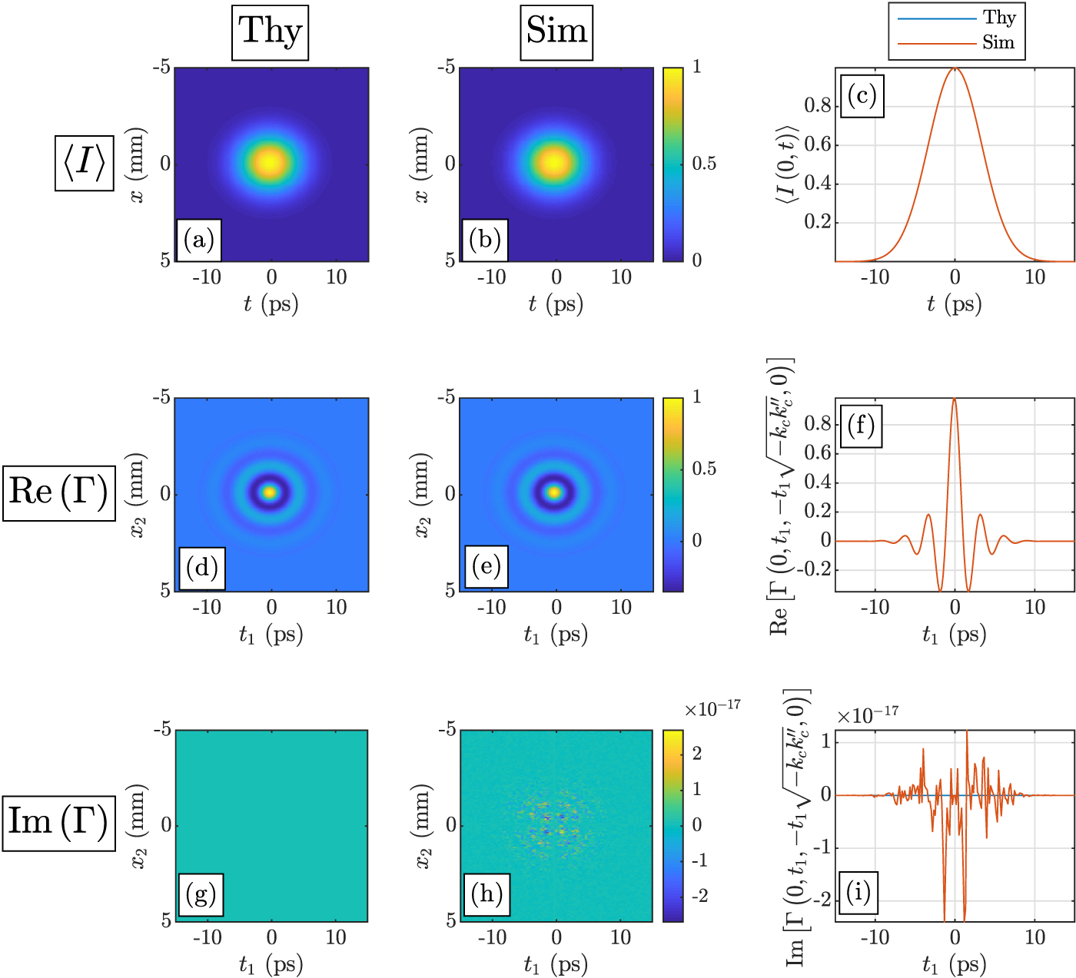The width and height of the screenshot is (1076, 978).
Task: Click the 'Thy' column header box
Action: (x=270, y=32)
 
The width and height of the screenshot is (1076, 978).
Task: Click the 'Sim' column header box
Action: (x=556, y=32)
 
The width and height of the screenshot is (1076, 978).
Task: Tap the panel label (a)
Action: (x=199, y=240)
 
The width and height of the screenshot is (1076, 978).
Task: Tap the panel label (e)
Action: (x=487, y=567)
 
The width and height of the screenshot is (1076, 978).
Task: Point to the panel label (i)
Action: (x=858, y=892)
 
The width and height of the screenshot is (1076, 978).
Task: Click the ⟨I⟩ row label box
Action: (x=85, y=163)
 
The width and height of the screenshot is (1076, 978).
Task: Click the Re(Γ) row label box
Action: (x=59, y=492)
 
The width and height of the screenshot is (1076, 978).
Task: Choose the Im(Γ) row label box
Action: (x=58, y=823)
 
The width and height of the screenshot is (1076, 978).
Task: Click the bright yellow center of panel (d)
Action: (x=269, y=492)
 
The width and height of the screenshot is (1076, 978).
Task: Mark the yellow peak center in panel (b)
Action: (x=554, y=162)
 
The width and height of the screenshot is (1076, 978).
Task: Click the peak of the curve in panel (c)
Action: (x=955, y=69)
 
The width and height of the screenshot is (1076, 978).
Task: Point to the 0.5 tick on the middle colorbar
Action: (x=704, y=469)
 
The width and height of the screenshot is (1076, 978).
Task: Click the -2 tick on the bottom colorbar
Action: (x=699, y=896)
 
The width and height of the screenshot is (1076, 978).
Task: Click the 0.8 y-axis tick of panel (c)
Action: (x=818, y=106)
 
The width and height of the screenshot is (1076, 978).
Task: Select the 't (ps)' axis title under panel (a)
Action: (x=271, y=304)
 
